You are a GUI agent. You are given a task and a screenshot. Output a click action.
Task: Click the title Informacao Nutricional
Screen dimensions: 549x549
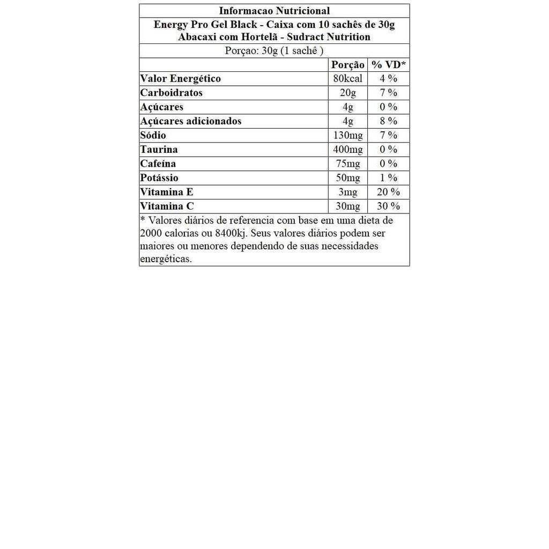tap(274, 11)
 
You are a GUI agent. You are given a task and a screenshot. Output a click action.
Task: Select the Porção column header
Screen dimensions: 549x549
tap(347, 65)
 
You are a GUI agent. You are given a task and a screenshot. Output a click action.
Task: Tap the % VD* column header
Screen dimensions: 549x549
tap(389, 65)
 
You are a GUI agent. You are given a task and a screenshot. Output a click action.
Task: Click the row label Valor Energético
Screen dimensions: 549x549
tap(180, 79)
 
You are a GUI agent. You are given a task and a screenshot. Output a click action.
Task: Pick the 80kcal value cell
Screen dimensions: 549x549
tap(347, 79)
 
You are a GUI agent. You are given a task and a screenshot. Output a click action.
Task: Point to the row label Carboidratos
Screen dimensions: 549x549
tap(172, 93)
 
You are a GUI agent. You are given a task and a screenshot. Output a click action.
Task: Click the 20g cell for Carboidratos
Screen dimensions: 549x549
tap(347, 93)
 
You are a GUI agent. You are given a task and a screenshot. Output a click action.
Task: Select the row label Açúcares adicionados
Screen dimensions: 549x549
tap(190, 121)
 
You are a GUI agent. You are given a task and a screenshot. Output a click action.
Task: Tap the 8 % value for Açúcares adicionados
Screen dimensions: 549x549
tap(389, 121)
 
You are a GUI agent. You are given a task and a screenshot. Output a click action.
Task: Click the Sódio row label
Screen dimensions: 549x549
tap(153, 135)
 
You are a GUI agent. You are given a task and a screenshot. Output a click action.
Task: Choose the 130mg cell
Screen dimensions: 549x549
tap(347, 135)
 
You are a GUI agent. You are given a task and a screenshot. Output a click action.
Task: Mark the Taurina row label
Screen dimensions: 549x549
tap(159, 150)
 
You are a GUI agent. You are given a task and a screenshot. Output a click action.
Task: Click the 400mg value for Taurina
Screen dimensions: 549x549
tap(347, 150)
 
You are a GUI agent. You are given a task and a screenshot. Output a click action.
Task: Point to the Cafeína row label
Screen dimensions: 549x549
tap(158, 164)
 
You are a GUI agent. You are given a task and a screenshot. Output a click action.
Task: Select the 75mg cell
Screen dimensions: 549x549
tap(347, 164)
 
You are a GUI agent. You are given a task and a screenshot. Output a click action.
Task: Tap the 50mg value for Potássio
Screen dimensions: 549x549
tap(347, 178)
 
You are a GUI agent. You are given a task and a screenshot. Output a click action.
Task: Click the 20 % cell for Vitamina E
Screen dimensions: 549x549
tap(389, 192)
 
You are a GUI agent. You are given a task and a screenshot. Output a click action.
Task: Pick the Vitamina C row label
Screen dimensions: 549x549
tap(167, 206)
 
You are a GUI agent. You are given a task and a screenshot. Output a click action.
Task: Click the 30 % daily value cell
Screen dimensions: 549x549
tap(389, 206)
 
